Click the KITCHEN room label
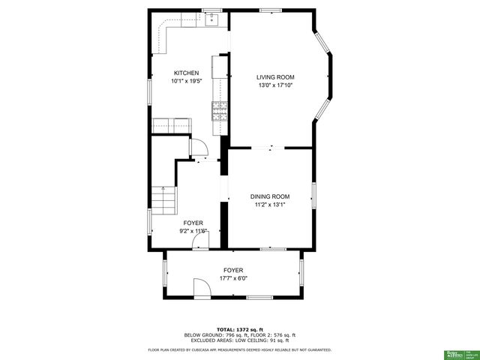pyautogui.click(x=185, y=73)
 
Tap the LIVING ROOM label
pyautogui.click(x=275, y=77)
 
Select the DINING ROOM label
pyautogui.click(x=270, y=196)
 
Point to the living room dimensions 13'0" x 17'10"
pyautogui.click(x=275, y=85)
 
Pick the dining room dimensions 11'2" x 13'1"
pyautogui.click(x=270, y=204)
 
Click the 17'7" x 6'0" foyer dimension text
pyautogui.click(x=233, y=278)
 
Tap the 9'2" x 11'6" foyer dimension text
pyautogui.click(x=193, y=231)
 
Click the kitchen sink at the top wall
pyautogui.click(x=212, y=19)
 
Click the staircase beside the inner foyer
pyautogui.click(x=164, y=199)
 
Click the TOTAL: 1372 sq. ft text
pyautogui.click(x=239, y=329)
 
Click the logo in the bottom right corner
pyautogui.click(x=456, y=352)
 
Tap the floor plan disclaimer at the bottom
pyautogui.click(x=240, y=349)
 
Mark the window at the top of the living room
pyautogui.click(x=271, y=10)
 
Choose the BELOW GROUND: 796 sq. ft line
pyautogui.click(x=240, y=334)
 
